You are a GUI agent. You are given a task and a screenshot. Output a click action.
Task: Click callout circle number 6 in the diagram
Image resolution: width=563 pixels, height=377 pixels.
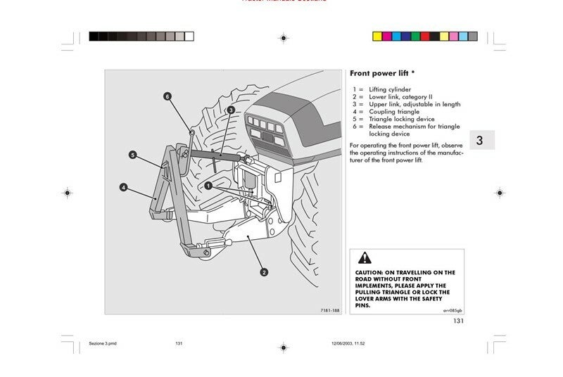pos(167,96)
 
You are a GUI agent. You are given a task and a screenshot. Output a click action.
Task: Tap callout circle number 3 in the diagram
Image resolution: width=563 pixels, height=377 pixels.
pos(230,110)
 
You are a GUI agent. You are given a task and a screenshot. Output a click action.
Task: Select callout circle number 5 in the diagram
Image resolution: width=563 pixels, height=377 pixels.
pos(132,155)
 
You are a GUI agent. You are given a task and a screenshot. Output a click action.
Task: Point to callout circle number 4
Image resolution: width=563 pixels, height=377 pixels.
pos(123,187)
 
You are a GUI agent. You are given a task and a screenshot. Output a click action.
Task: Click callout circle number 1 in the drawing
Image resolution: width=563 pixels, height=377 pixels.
pos(208,186)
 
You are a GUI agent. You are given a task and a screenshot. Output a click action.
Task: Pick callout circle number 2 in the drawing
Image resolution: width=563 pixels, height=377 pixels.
pos(264,272)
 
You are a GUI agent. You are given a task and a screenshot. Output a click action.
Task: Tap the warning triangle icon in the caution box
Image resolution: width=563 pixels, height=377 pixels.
pos(365,257)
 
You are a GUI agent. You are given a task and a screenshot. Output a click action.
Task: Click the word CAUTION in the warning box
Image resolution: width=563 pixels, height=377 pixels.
pos(368,272)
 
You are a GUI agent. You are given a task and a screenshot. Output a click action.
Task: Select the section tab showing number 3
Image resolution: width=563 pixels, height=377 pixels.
pos(479,140)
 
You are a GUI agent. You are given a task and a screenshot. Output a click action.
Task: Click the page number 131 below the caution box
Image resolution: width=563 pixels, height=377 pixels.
pos(457,321)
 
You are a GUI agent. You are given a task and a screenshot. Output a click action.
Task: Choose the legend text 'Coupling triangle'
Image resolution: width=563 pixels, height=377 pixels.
pos(394,111)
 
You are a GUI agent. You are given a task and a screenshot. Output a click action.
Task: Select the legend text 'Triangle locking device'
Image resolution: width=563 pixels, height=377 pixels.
pos(402,119)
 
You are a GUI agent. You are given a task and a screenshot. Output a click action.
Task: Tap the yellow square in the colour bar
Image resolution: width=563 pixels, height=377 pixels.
pos(377,36)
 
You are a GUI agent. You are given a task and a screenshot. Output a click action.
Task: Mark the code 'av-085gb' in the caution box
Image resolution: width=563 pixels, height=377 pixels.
pos(453,310)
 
